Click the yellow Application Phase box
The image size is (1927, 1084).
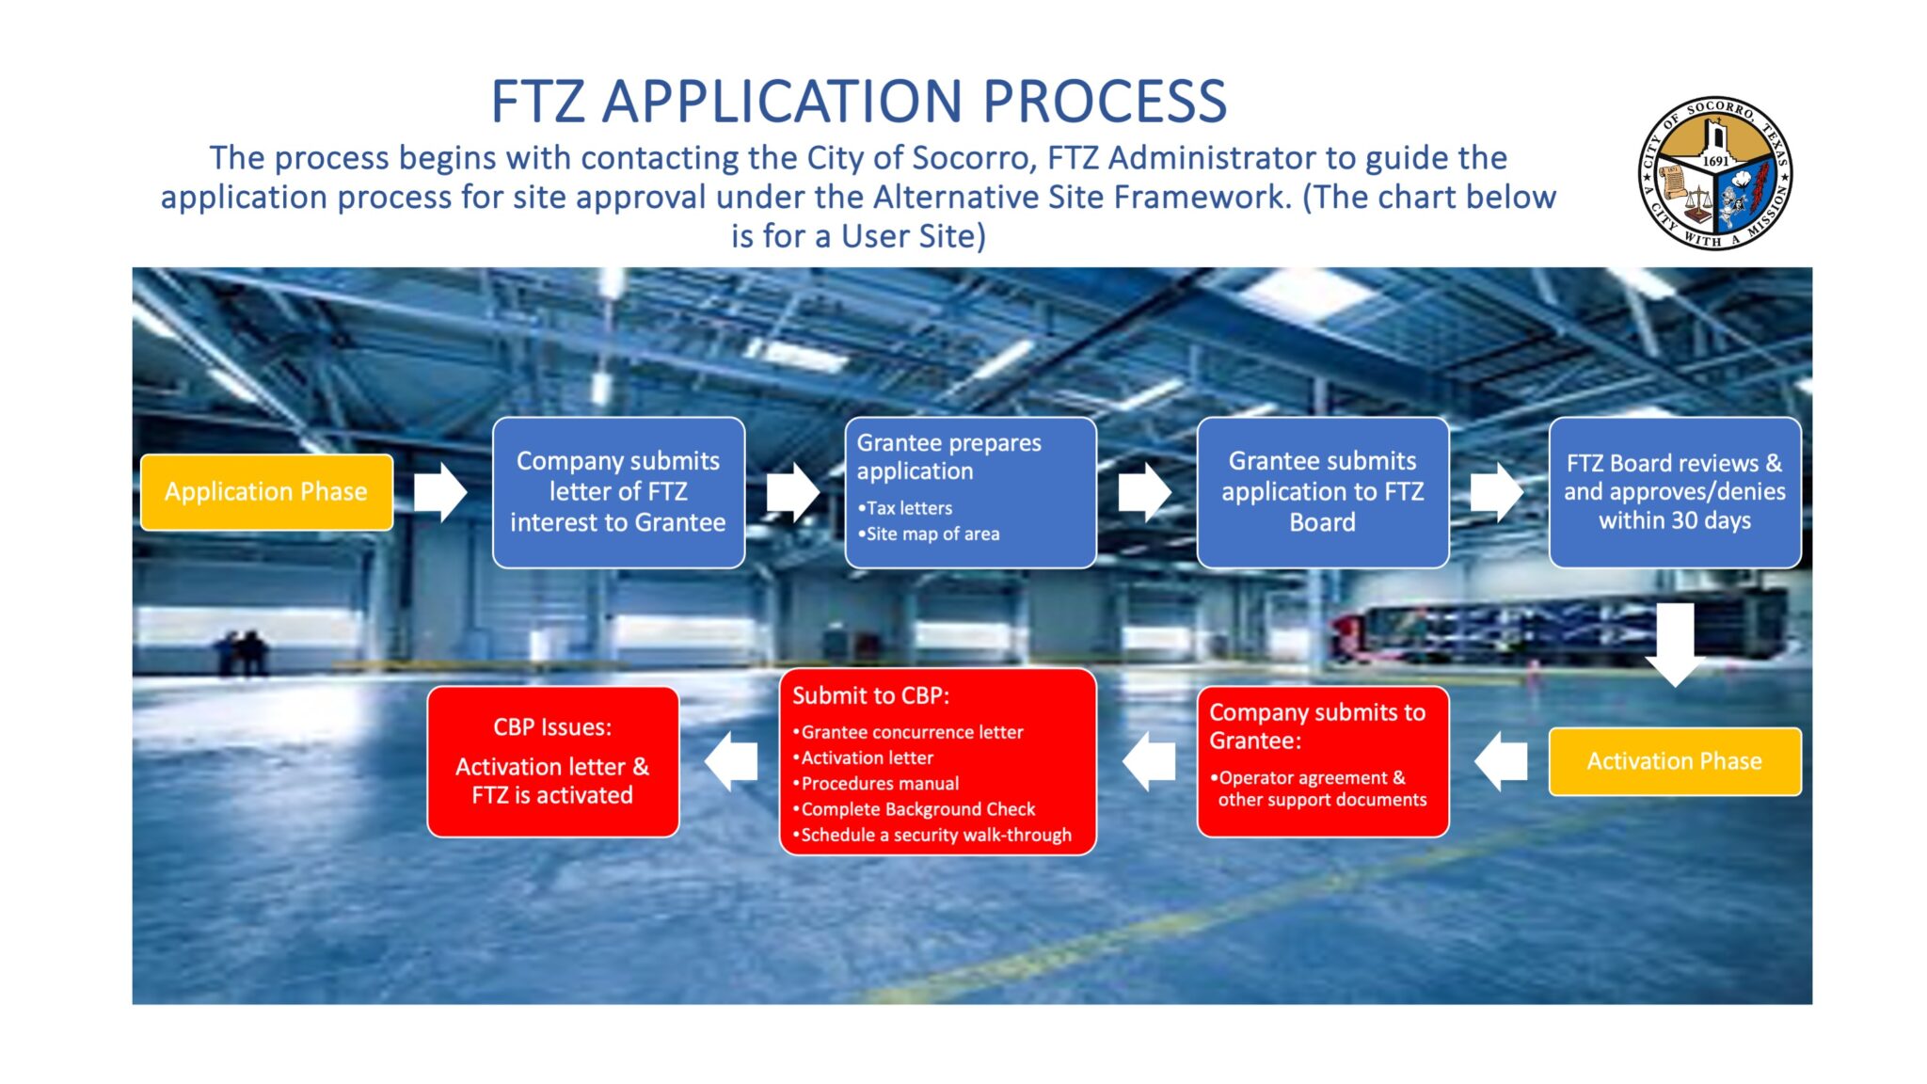(266, 492)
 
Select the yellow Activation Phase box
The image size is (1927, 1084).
(1674, 761)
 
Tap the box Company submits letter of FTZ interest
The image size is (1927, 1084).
(618, 492)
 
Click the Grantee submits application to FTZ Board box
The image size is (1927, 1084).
(1322, 492)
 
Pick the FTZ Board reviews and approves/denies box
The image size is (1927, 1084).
(1674, 492)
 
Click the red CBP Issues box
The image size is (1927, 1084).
(552, 761)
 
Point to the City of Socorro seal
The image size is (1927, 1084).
(1714, 173)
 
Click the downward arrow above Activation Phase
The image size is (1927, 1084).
(1675, 645)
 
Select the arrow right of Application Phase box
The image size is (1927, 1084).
(440, 492)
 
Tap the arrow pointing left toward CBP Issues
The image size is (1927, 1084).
(732, 761)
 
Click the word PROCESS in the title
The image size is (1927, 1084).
(1105, 102)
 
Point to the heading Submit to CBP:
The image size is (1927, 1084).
(870, 695)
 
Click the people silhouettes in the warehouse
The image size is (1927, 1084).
(242, 652)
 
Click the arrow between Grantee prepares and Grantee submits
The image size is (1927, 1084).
(1144, 492)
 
